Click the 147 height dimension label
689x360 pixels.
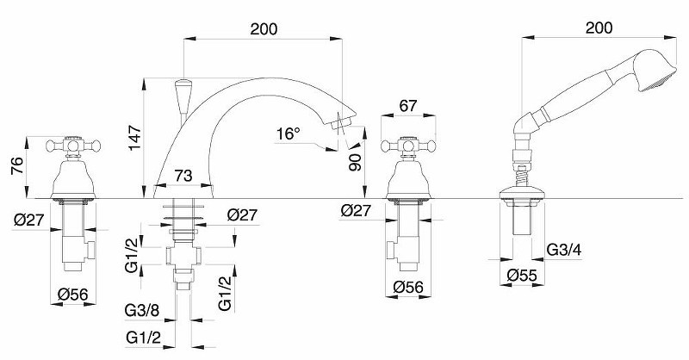[x=135, y=138]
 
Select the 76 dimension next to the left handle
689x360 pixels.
[x=16, y=166]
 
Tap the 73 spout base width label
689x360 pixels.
[x=183, y=176]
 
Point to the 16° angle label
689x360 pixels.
[x=289, y=133]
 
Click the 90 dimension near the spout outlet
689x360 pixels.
[x=355, y=162]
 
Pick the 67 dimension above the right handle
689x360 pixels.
[x=408, y=105]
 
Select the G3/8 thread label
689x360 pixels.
[x=142, y=311]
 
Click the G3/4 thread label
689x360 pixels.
[x=564, y=250]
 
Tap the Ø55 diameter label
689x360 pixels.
[x=522, y=276]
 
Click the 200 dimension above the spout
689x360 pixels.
[x=264, y=29]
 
